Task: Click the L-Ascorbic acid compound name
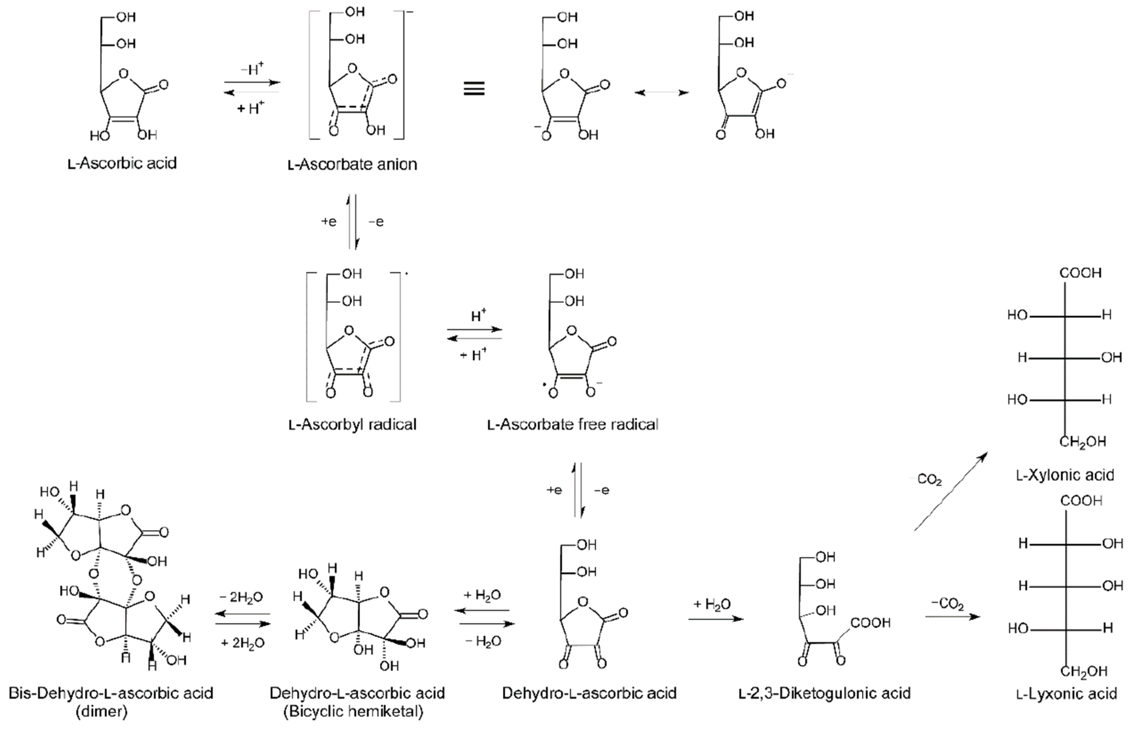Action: coord(122,163)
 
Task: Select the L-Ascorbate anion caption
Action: coord(352,164)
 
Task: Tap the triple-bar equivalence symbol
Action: coord(474,89)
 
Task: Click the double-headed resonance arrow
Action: coord(662,92)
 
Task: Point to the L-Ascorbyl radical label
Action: coord(352,424)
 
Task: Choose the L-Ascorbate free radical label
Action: coord(573,424)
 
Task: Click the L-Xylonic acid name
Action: coord(1065,475)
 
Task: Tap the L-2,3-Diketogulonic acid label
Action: coord(824,693)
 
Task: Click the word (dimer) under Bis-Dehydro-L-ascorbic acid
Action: coord(102,712)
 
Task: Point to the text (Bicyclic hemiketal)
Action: coord(353,712)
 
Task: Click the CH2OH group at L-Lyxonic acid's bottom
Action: coord(1083,671)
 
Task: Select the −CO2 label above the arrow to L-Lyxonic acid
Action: coord(947,604)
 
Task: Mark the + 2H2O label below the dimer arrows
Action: coord(242,643)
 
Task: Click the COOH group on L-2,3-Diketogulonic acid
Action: coord(870,623)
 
